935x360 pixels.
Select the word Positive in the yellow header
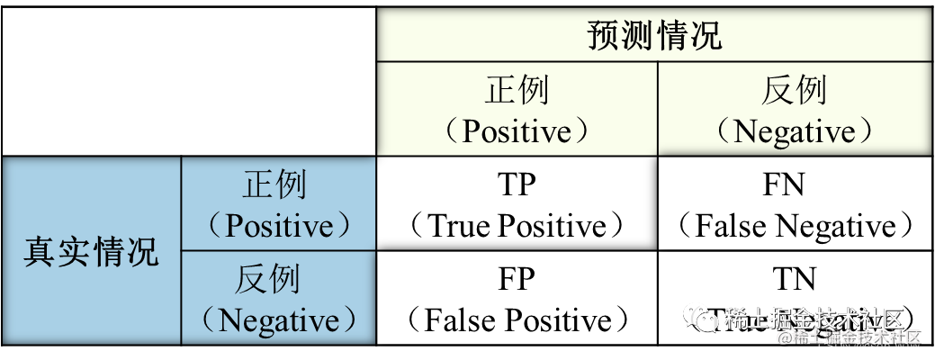click(517, 132)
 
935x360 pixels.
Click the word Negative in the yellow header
click(794, 132)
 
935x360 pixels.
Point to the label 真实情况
click(91, 251)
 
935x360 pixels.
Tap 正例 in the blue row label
click(274, 184)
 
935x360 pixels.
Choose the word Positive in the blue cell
click(278, 226)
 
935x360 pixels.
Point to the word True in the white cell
click(457, 226)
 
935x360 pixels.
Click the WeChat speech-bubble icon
click(701, 317)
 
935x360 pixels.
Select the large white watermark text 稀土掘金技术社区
click(813, 319)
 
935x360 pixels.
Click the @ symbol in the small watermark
click(784, 337)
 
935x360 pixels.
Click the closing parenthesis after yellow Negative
click(867, 133)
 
